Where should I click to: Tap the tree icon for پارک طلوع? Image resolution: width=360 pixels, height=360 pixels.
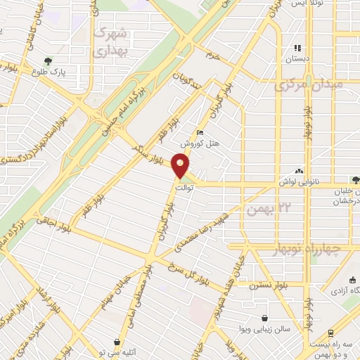(x=48, y=61)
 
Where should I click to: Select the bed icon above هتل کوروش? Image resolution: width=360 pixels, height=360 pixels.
(x=201, y=132)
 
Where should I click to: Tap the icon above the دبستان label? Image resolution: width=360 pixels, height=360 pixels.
(x=297, y=48)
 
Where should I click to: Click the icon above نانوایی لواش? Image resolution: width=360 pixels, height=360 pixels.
(x=300, y=171)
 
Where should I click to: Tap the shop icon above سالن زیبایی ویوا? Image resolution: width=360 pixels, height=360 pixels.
(x=264, y=319)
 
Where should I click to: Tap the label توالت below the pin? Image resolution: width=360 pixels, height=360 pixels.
(x=183, y=188)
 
